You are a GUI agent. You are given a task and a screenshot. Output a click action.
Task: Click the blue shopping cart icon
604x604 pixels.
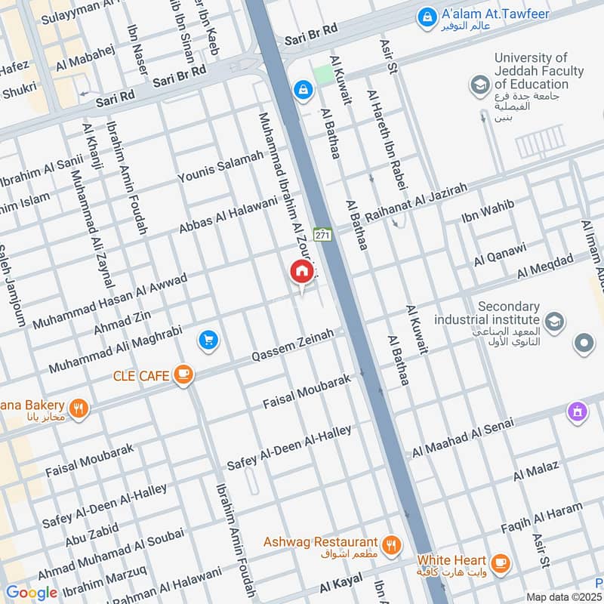[209, 341]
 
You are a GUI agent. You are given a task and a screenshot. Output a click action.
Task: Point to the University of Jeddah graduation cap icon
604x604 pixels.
[479, 85]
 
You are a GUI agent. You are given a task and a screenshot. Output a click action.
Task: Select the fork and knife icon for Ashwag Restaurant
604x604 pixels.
[390, 544]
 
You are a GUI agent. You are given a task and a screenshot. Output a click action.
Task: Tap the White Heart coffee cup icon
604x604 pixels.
[500, 562]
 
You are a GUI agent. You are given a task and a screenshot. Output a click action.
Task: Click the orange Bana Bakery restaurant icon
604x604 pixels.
[79, 408]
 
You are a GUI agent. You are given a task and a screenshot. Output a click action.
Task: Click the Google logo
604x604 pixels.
[31, 593]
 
